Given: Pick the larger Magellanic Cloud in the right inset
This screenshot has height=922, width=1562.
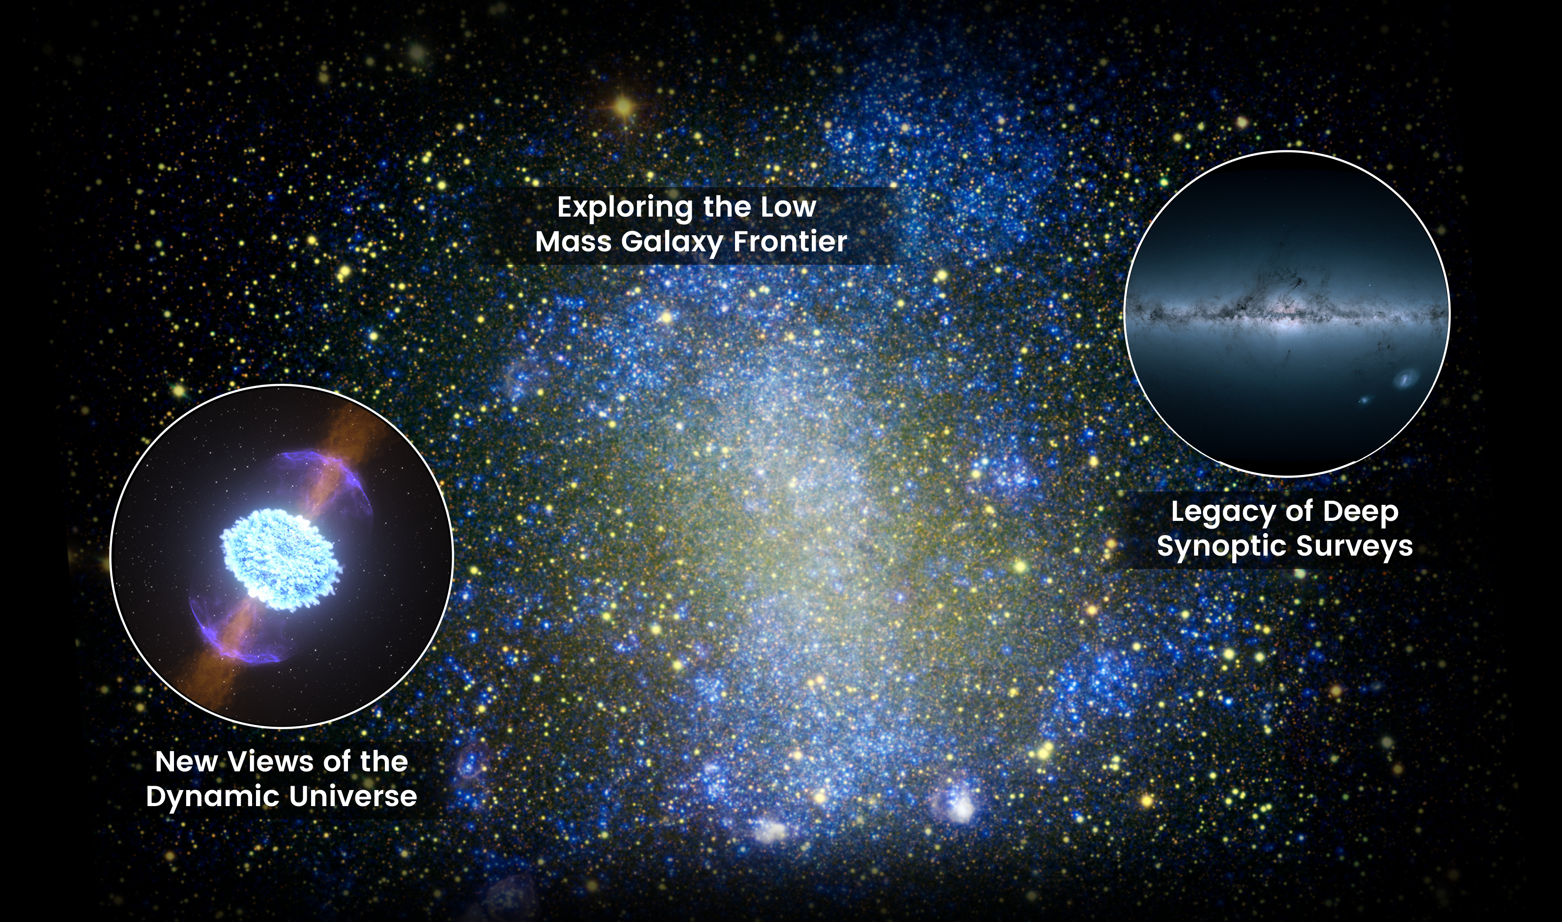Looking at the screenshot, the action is point(1406,377).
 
